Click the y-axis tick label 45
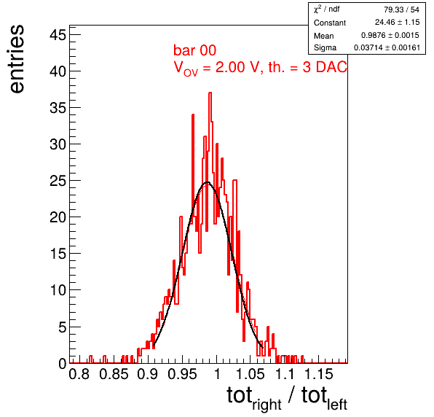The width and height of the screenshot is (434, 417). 58,35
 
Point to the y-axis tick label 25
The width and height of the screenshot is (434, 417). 58,181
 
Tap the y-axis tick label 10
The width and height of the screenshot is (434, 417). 58,290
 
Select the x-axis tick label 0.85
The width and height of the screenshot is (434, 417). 114,374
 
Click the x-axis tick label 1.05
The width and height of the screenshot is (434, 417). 250,374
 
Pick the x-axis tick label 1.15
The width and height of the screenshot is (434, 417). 319,374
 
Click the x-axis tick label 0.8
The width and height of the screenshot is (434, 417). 79,374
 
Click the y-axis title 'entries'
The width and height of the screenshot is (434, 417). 17,59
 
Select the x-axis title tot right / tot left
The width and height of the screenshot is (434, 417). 287,398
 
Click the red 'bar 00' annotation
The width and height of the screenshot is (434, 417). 194,50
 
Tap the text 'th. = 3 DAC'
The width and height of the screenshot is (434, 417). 307,67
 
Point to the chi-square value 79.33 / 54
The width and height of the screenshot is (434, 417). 401,9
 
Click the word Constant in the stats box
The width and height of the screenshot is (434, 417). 330,23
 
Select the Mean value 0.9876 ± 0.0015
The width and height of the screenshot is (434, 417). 390,35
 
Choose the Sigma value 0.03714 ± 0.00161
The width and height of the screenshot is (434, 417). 387,47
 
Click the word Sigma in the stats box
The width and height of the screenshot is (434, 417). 325,48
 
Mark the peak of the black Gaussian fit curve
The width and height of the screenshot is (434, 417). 208,182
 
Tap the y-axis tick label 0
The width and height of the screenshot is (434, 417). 63,363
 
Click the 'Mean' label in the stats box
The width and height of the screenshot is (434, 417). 323,36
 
